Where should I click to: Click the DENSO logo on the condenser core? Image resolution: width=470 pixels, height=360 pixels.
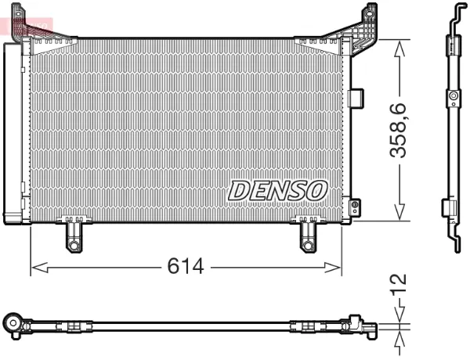point(277,190)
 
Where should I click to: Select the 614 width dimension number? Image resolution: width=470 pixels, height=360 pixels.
point(186,266)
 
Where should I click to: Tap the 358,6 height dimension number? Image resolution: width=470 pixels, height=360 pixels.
point(398,130)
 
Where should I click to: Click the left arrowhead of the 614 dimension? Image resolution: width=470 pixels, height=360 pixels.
point(40,268)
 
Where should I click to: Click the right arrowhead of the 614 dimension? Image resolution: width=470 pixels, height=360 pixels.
point(333,268)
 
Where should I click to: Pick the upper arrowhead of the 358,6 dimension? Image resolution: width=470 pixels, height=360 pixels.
point(399,49)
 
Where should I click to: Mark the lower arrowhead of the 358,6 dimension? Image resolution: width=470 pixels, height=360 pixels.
point(399,212)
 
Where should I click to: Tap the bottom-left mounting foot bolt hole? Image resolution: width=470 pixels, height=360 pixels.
point(73,246)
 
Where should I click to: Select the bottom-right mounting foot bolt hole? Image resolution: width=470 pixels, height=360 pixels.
point(307,246)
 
